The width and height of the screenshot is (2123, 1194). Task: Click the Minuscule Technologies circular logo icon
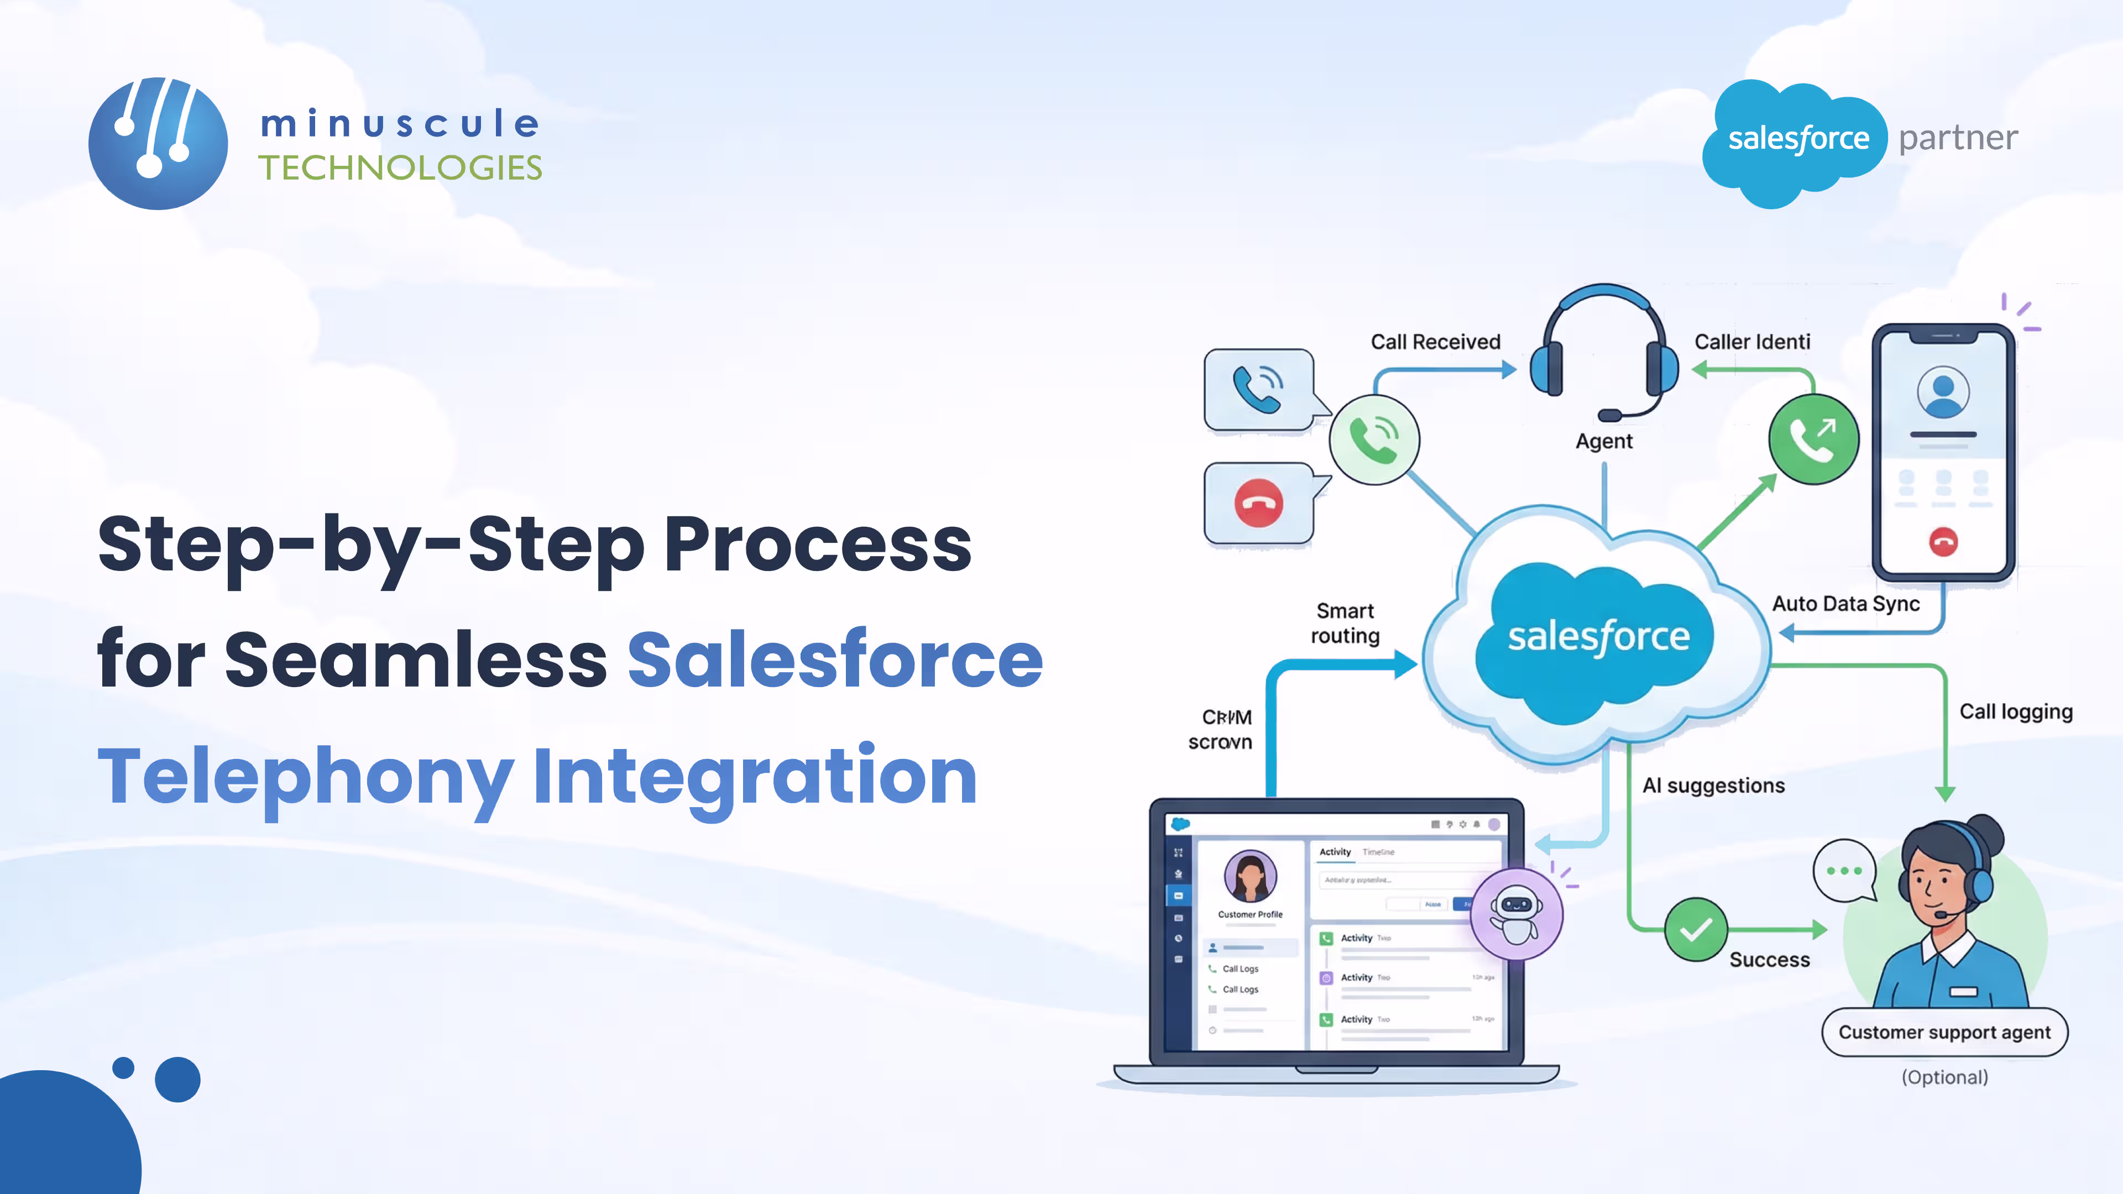tap(158, 143)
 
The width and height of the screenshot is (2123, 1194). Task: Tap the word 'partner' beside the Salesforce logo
tap(1958, 138)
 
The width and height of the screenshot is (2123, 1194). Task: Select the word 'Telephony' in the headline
tap(306, 776)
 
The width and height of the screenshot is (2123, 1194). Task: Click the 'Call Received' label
tap(1435, 342)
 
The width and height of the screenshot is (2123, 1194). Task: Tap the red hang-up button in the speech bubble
tap(1258, 502)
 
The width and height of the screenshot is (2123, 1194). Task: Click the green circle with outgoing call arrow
tap(1813, 439)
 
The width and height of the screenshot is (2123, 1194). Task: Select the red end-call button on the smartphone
tap(1943, 541)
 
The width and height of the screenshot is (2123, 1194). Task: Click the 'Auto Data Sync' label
tap(1845, 604)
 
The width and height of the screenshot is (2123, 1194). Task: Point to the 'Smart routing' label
tap(1345, 623)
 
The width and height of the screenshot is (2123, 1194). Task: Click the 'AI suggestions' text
tap(1713, 785)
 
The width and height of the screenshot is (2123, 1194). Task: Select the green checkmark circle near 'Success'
tap(1695, 929)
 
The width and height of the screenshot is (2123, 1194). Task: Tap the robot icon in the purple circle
tap(1515, 914)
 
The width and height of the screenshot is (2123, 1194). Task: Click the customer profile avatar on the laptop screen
tap(1250, 876)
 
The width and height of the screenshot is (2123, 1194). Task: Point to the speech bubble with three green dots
tap(1844, 871)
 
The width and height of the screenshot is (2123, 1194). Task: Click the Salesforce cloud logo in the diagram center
tap(1598, 637)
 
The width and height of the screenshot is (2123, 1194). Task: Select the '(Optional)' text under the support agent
tap(1944, 1077)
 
